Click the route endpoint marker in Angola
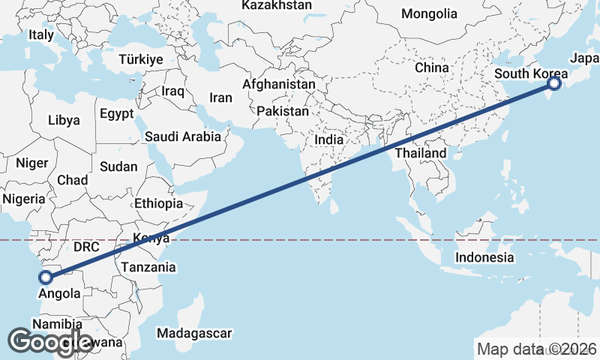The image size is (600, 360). (x=46, y=277)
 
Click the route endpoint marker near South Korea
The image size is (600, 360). (x=553, y=84)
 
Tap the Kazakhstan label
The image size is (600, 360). (x=277, y=5)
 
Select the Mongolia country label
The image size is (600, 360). (x=429, y=13)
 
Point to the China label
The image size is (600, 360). (x=431, y=67)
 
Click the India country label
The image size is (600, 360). (x=329, y=139)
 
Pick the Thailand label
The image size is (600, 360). (x=421, y=153)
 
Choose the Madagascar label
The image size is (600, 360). (x=195, y=332)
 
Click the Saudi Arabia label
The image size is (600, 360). (x=183, y=136)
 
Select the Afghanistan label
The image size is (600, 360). (x=278, y=85)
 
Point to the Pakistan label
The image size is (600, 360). (x=283, y=111)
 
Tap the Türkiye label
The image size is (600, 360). (x=140, y=59)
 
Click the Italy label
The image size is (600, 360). (x=41, y=35)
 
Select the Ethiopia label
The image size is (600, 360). (x=158, y=203)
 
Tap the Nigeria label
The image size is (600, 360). (x=24, y=199)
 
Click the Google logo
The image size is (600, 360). (x=50, y=342)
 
